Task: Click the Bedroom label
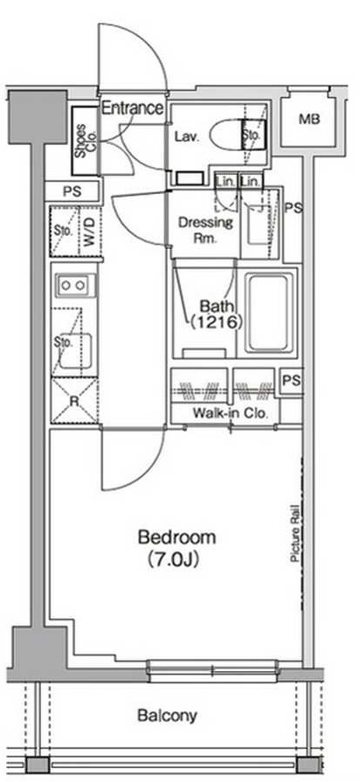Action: click(177, 537)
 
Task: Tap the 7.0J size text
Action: click(174, 559)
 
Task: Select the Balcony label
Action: click(167, 716)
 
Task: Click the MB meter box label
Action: click(309, 119)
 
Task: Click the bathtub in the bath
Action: click(268, 313)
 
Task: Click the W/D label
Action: click(90, 232)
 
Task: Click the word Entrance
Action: click(133, 107)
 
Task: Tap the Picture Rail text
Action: click(294, 534)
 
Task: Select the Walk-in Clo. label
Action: click(231, 413)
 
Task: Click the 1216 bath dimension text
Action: click(216, 322)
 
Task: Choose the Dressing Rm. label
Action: click(205, 230)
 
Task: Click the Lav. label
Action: click(187, 136)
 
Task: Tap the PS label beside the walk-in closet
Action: click(292, 381)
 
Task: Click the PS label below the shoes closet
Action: click(73, 191)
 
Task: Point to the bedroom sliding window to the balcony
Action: click(213, 671)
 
